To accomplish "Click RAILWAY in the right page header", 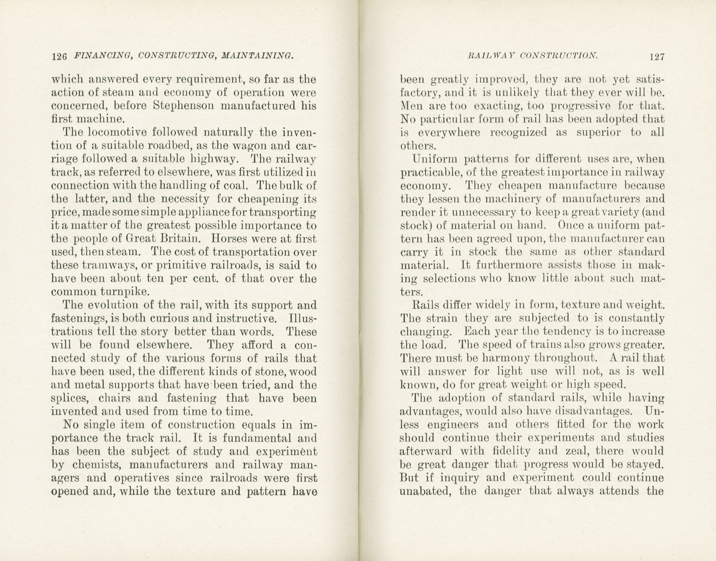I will (490, 55).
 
